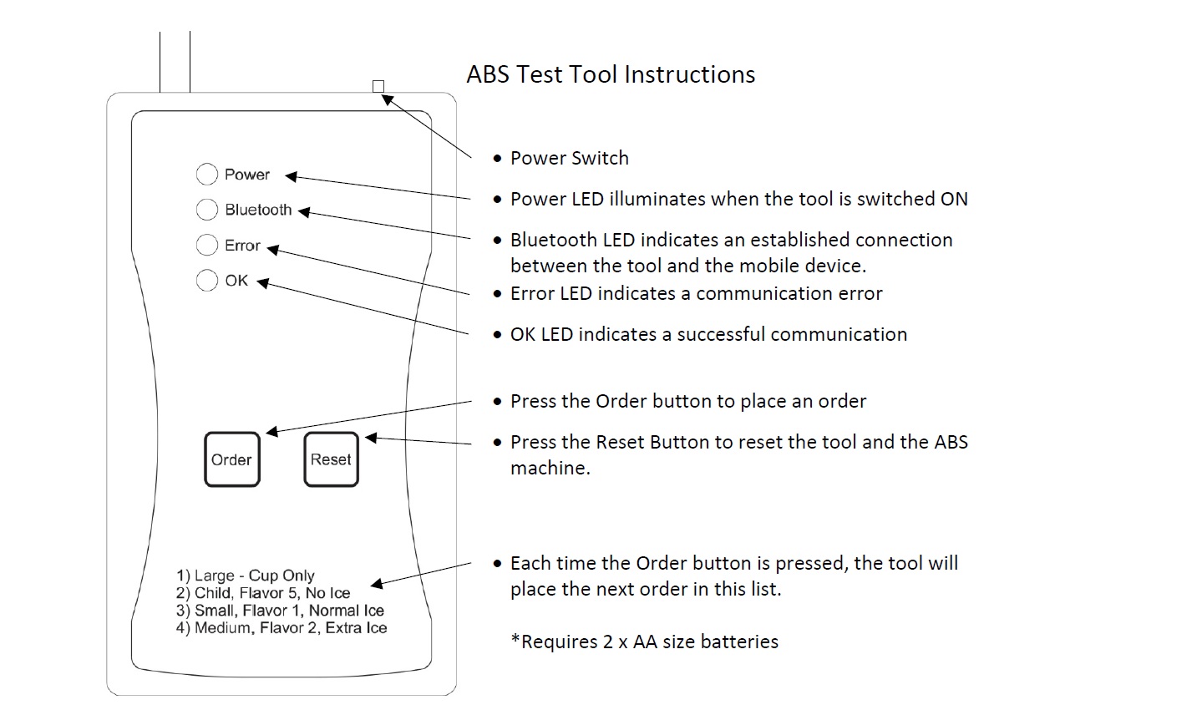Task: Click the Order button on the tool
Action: pyautogui.click(x=231, y=459)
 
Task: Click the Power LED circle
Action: pyautogui.click(x=206, y=174)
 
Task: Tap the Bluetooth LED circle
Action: pyautogui.click(x=206, y=209)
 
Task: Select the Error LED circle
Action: pyautogui.click(x=206, y=245)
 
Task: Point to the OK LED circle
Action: pyautogui.click(x=206, y=280)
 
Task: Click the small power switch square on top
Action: pyautogui.click(x=378, y=86)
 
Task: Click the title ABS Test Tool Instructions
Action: pyautogui.click(x=611, y=74)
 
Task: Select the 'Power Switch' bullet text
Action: pyautogui.click(x=569, y=158)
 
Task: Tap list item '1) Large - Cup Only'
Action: pyautogui.click(x=246, y=576)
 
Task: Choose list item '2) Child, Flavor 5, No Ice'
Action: pyautogui.click(x=263, y=593)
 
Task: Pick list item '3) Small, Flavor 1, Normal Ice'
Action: pyautogui.click(x=280, y=611)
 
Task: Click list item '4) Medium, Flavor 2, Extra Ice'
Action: pyautogui.click(x=281, y=628)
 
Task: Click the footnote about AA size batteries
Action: pyautogui.click(x=644, y=642)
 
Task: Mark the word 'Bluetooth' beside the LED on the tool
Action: pyautogui.click(x=258, y=210)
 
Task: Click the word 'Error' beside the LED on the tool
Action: pyautogui.click(x=242, y=246)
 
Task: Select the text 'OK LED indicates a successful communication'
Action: pyautogui.click(x=708, y=334)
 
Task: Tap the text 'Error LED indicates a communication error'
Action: pyautogui.click(x=696, y=293)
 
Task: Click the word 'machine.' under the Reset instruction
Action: pyautogui.click(x=550, y=468)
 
